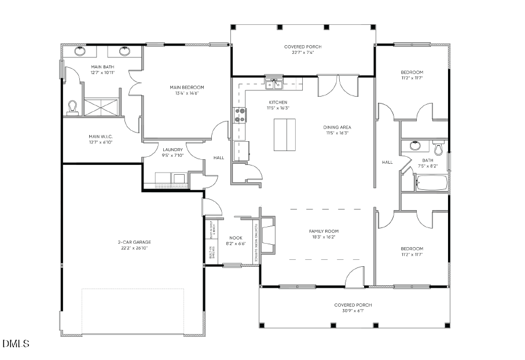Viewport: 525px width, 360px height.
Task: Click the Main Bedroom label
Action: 186,87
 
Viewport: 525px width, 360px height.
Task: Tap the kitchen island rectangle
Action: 284,135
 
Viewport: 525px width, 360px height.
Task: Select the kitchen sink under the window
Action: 273,85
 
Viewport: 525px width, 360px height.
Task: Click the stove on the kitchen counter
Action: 240,115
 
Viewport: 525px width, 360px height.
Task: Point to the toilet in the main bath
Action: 72,107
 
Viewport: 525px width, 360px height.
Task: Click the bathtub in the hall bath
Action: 432,185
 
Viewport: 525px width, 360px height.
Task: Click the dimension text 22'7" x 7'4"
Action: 303,53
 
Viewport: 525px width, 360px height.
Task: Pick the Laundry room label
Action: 172,149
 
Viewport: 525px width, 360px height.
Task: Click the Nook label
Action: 236,237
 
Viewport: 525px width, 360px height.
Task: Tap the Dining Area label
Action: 337,127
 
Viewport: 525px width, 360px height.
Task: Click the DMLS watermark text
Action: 16,344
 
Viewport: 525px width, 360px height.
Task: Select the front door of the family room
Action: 354,277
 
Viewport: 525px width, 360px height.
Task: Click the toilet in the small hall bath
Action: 438,149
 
